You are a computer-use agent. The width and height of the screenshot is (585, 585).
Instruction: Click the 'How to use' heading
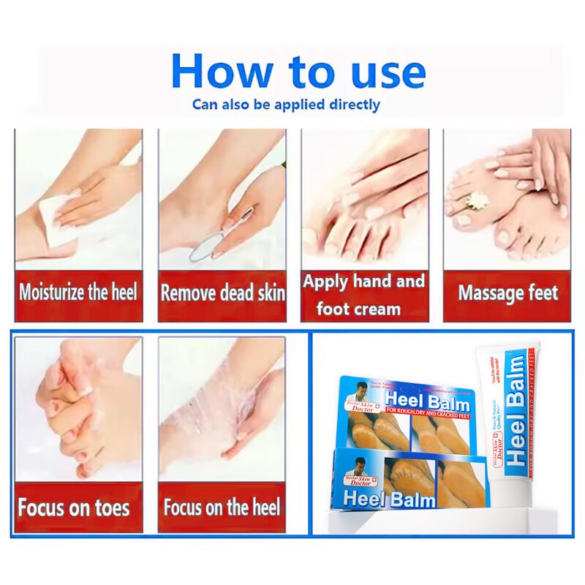tap(298, 72)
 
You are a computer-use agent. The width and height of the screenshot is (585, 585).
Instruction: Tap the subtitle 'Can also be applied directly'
tap(286, 105)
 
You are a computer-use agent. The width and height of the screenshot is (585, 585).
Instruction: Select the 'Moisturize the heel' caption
tap(78, 294)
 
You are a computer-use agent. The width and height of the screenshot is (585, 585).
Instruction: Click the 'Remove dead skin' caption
tap(222, 294)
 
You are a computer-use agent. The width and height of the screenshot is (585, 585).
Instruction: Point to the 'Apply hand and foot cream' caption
tap(363, 295)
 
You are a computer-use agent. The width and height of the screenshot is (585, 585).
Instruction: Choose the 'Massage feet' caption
tap(507, 294)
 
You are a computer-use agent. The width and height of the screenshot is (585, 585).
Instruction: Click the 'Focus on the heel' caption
tap(222, 507)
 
